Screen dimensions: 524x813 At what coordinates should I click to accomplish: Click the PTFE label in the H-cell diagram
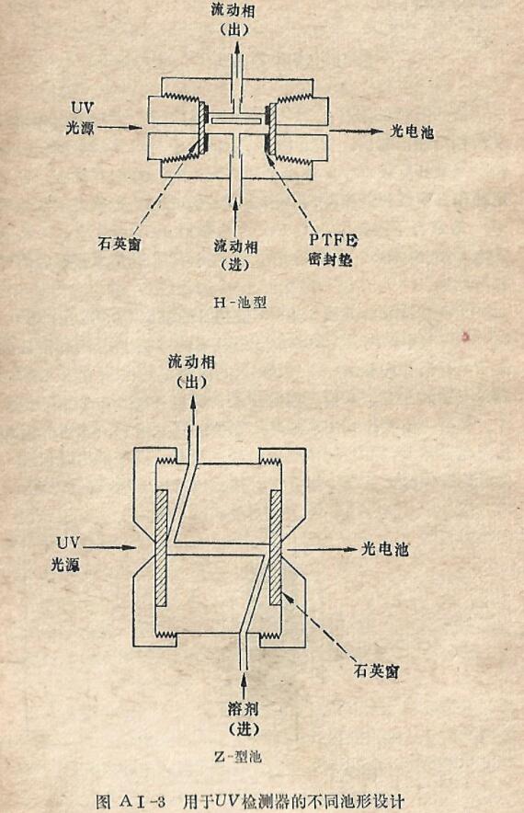click(x=334, y=240)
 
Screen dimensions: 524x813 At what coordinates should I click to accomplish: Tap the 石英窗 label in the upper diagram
click(x=120, y=243)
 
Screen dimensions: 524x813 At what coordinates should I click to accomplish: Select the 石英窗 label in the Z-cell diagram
click(x=376, y=671)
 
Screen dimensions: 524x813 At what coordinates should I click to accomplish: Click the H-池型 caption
click(x=240, y=302)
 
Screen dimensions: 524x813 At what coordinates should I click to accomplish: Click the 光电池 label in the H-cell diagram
click(x=412, y=132)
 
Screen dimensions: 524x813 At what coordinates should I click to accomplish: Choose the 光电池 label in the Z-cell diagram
click(x=384, y=548)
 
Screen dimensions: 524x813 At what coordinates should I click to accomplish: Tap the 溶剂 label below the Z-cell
click(x=243, y=708)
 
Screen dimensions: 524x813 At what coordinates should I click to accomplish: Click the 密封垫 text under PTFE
click(x=330, y=258)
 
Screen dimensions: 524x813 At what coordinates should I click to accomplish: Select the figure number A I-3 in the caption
click(x=142, y=802)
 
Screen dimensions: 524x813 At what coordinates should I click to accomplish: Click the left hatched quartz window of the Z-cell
click(x=161, y=548)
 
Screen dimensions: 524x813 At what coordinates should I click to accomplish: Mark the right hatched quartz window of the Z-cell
click(x=276, y=547)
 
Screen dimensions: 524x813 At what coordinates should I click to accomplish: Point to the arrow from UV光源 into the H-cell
click(x=120, y=127)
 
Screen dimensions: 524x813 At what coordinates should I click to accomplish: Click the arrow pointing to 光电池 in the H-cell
click(x=356, y=132)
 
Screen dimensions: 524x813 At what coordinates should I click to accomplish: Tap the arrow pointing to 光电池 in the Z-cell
click(x=323, y=549)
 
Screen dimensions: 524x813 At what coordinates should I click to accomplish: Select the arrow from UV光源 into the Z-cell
click(x=109, y=546)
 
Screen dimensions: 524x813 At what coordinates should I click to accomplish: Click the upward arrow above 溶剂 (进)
click(x=244, y=683)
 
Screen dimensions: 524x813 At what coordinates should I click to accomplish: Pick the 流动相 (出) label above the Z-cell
click(x=192, y=372)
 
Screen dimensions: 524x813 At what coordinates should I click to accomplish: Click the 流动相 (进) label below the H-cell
click(x=236, y=255)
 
